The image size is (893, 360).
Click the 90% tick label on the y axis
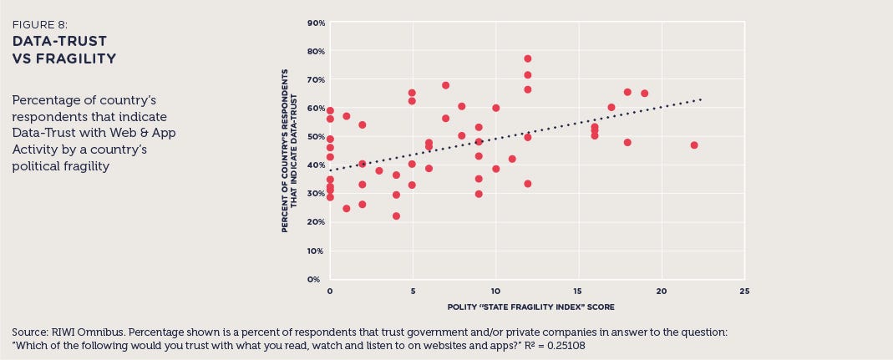315,23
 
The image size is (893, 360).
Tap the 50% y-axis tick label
315,136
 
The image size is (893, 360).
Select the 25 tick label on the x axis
744,292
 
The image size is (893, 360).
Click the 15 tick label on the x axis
578,292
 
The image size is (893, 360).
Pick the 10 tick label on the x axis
495,292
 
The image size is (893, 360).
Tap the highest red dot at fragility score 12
528,58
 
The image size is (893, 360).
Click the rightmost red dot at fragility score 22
694,145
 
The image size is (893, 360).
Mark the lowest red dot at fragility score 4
396,215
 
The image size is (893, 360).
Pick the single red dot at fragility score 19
644,94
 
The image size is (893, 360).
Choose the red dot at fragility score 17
611,107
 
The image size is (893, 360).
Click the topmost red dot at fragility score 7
446,85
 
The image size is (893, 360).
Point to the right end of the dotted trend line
702,99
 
